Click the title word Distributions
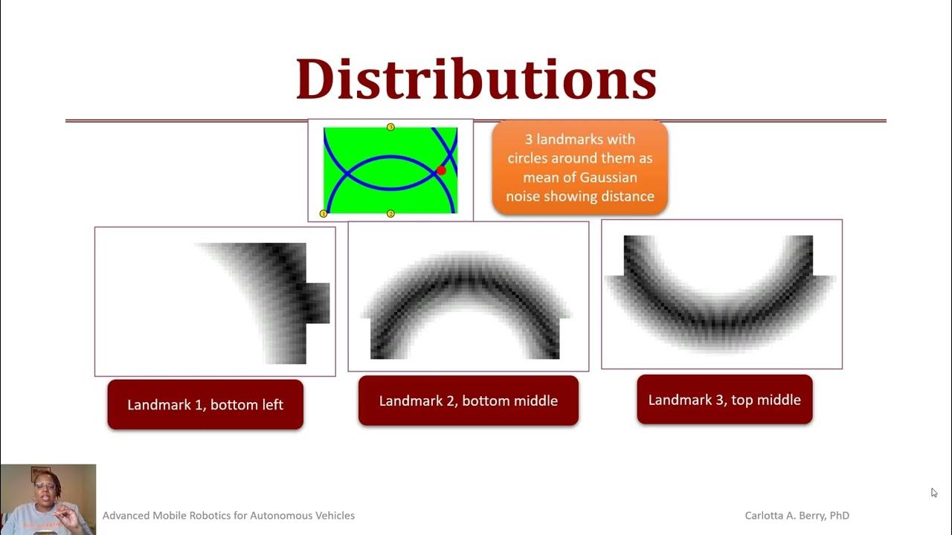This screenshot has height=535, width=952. click(x=476, y=79)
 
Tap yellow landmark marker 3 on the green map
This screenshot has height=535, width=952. click(x=390, y=127)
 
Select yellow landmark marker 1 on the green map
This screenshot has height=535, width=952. click(x=324, y=214)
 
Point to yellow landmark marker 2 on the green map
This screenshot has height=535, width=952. click(x=390, y=214)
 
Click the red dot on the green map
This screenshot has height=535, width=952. click(x=441, y=171)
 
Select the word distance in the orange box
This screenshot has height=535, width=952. click(x=628, y=197)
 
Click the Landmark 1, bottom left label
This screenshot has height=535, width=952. click(x=205, y=405)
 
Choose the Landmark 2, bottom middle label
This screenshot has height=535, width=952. click(x=469, y=401)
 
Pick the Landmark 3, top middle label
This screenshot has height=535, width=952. click(x=724, y=400)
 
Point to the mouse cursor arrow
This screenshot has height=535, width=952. click(x=934, y=492)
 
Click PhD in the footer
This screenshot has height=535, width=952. click(x=837, y=516)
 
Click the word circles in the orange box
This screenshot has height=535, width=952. click(x=532, y=158)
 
